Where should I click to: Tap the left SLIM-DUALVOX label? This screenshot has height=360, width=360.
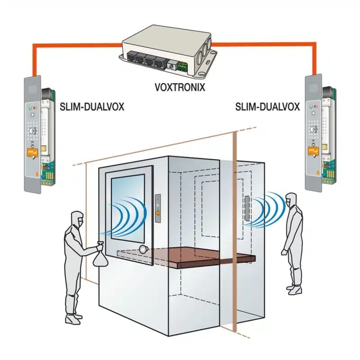tap(92, 107)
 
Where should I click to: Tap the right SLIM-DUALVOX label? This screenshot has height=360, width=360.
tap(267, 107)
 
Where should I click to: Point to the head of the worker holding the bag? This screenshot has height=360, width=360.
tap(77, 218)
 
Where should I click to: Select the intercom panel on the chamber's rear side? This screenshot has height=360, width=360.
tap(247, 208)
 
